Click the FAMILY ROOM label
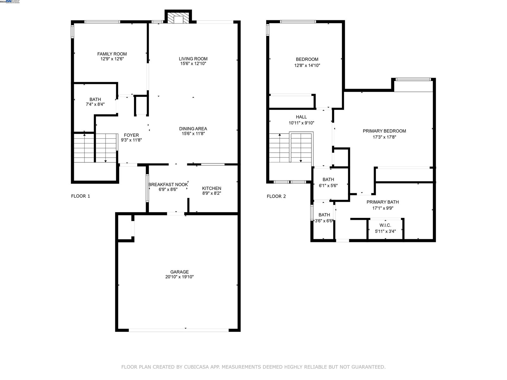[x=112, y=54]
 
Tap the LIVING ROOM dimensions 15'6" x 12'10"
[x=193, y=64]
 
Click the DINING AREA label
[x=193, y=129]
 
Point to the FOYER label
[x=131, y=135]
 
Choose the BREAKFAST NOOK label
[x=168, y=185]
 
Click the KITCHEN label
[x=212, y=188]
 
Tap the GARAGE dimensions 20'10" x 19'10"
[x=179, y=277]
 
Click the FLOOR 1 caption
[x=80, y=196]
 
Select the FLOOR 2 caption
[x=276, y=196]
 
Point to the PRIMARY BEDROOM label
[x=384, y=131]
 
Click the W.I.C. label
[x=385, y=225]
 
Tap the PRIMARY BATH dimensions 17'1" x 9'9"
[x=383, y=208]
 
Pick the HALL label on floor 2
[x=301, y=117]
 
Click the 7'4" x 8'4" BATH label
[x=95, y=99]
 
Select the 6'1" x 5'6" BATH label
[x=328, y=180]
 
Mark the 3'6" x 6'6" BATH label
[x=324, y=215]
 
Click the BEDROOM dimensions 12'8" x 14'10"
[x=307, y=66]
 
